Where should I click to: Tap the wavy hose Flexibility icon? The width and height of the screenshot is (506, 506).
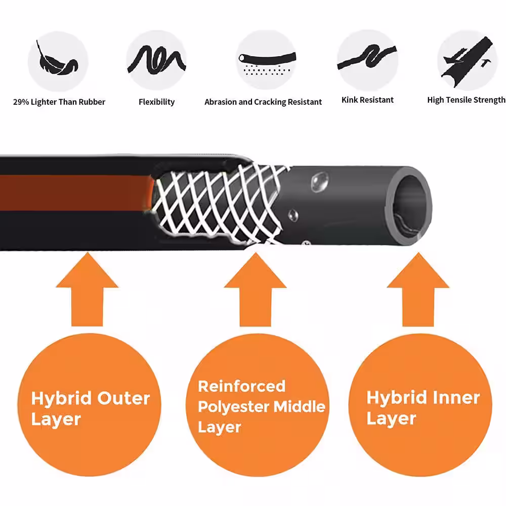(x=156, y=60)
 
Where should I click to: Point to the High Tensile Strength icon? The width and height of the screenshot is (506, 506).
(x=467, y=61)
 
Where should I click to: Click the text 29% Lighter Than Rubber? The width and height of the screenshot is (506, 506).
(x=59, y=102)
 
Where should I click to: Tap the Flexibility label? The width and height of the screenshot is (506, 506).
(x=156, y=102)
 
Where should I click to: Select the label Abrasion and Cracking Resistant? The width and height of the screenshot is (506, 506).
(x=263, y=102)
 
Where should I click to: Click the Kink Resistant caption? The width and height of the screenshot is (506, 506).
(x=367, y=100)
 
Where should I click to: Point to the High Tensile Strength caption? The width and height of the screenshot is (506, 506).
(x=467, y=100)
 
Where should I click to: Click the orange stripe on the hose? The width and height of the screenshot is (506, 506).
(x=76, y=193)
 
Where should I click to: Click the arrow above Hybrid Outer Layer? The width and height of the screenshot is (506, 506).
(x=87, y=289)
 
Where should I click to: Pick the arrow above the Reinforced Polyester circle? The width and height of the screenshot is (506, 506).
(x=255, y=289)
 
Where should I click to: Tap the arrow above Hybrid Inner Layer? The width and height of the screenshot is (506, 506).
(x=418, y=289)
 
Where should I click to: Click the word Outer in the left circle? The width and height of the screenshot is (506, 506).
(x=123, y=398)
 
